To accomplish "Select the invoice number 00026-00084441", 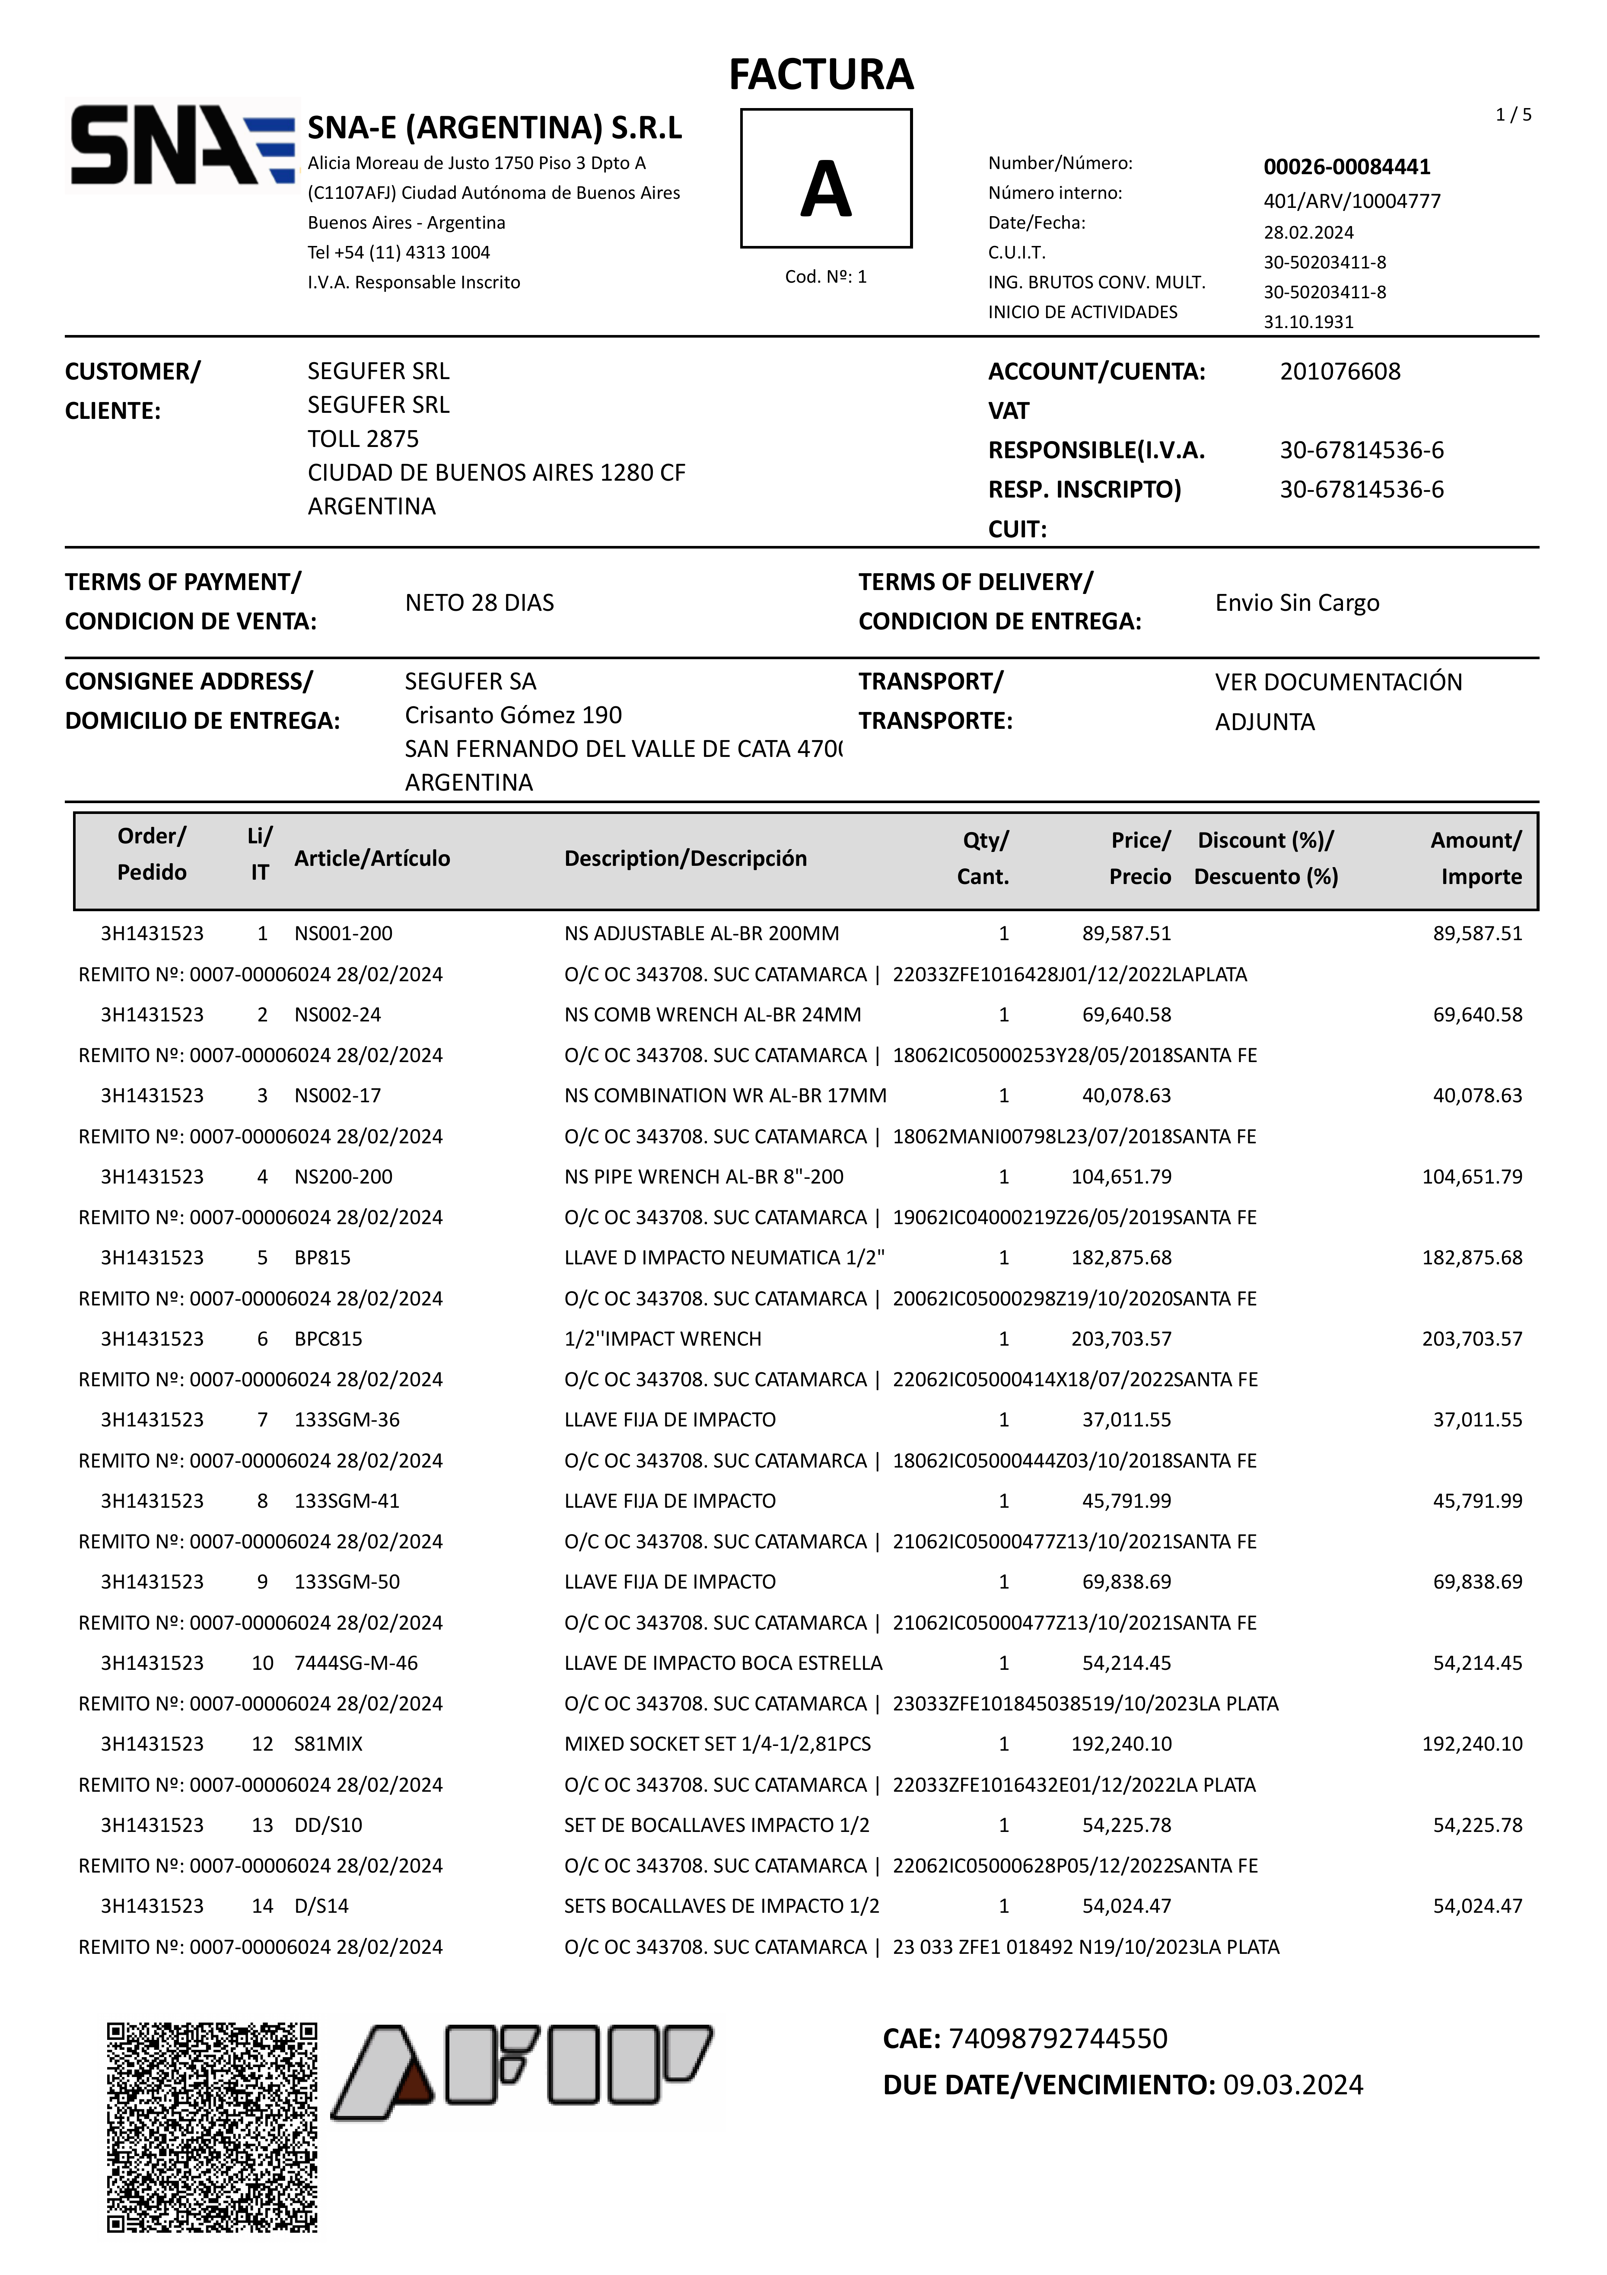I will click(1346, 166).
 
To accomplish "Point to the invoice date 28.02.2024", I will click(1308, 232).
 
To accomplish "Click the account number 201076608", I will click(1340, 372).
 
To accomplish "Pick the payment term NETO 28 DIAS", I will click(480, 603).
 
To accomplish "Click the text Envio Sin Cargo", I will click(1297, 603).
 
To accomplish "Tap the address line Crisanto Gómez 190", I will click(513, 715).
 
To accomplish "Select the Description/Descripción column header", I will click(686, 858).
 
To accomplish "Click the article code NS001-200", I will click(343, 933).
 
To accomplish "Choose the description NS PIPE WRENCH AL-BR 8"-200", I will click(703, 1176).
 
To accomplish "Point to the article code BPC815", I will click(328, 1339).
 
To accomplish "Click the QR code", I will click(212, 2127).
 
